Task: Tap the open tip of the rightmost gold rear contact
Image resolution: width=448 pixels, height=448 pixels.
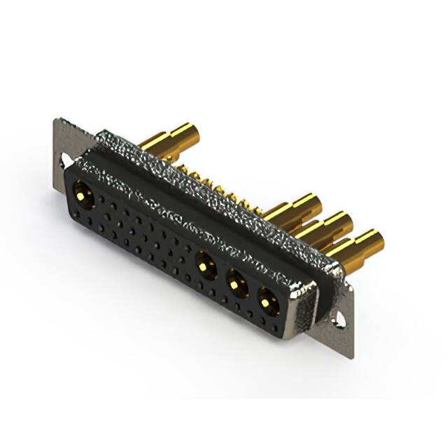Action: [375, 239]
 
